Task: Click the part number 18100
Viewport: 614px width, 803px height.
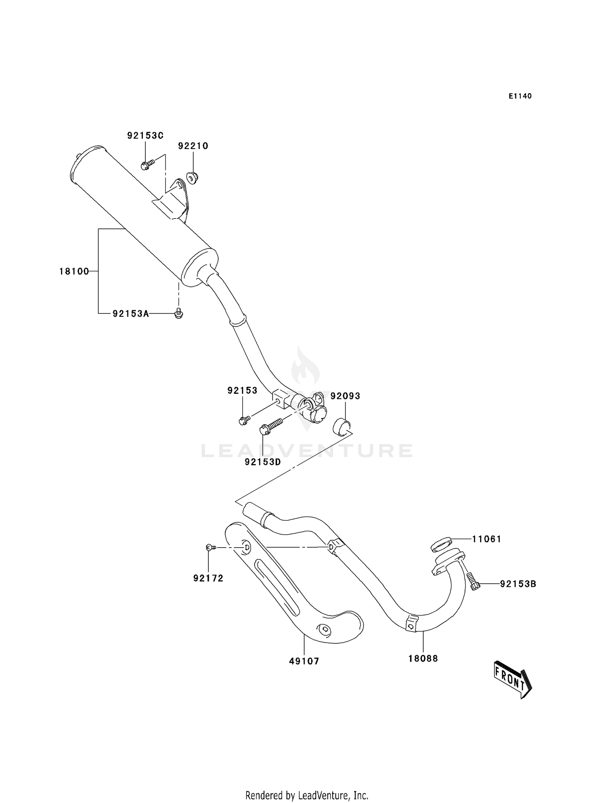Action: (x=74, y=271)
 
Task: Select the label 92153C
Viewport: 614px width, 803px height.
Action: (x=145, y=135)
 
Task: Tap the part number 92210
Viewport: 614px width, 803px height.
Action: (x=193, y=146)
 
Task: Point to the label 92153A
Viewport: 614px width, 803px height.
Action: (x=131, y=314)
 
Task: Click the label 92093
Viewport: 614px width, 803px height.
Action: (x=345, y=396)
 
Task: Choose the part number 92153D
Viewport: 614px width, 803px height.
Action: (x=263, y=462)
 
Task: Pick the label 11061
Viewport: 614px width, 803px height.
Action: (x=486, y=539)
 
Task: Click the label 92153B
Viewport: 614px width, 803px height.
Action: (x=518, y=584)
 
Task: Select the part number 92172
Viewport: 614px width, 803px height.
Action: (x=208, y=578)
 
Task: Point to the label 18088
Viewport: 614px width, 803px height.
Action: (x=423, y=659)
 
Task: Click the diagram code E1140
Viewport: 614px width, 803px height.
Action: (x=520, y=96)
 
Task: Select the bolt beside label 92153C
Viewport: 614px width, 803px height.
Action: (x=147, y=165)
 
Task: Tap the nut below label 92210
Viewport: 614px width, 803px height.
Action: (x=192, y=177)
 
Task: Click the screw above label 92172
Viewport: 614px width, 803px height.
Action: (x=210, y=547)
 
